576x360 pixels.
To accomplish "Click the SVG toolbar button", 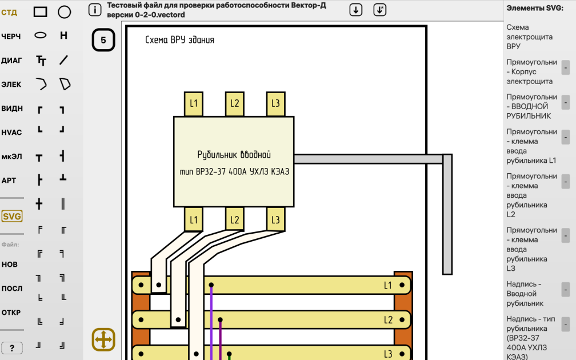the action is coord(12,216).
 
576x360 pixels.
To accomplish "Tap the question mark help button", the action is coord(12,348).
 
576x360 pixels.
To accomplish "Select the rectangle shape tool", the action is coord(41,12).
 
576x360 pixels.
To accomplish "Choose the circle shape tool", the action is coord(64,12).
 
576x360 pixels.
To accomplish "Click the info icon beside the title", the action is coord(95,10).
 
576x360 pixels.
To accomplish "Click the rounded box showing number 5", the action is coord(103,39).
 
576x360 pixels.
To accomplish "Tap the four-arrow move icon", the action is coord(103,339).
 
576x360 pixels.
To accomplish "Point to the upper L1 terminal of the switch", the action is coord(194,104).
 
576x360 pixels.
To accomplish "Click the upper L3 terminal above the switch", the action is coord(275,104).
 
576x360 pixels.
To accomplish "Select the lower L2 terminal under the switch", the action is coord(234,219).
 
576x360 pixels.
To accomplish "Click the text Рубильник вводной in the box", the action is coord(234,155).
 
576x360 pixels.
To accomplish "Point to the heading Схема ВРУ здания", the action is coord(179,39).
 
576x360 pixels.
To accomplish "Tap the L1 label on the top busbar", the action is coord(388,286).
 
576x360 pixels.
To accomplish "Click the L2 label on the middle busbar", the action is coord(389,320).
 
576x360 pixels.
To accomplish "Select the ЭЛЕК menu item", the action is coord(11,85).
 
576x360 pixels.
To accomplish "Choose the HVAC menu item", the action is coord(11,132).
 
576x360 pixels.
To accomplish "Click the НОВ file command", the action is coord(10,265).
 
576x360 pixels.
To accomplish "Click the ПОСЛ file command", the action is coord(12,289).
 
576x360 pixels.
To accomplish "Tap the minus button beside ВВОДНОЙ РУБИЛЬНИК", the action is coord(566,102).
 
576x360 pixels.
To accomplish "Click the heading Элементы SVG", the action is coord(535,8).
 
